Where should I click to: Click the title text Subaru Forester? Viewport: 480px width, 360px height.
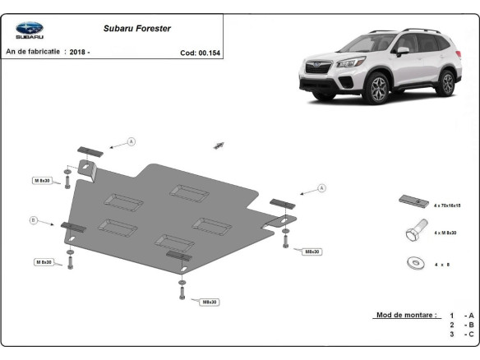[137, 28]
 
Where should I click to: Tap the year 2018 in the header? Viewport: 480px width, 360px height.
[77, 52]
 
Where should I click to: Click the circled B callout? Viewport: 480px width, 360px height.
[34, 219]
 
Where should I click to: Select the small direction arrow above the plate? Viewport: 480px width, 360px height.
[218, 145]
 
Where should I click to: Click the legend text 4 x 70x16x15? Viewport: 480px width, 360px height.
[448, 205]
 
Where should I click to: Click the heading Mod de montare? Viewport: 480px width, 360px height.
[406, 315]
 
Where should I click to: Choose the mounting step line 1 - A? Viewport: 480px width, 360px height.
[461, 316]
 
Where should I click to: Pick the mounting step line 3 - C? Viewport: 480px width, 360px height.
[461, 335]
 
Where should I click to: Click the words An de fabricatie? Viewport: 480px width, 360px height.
[34, 52]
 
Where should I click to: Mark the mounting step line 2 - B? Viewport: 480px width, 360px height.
[461, 325]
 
